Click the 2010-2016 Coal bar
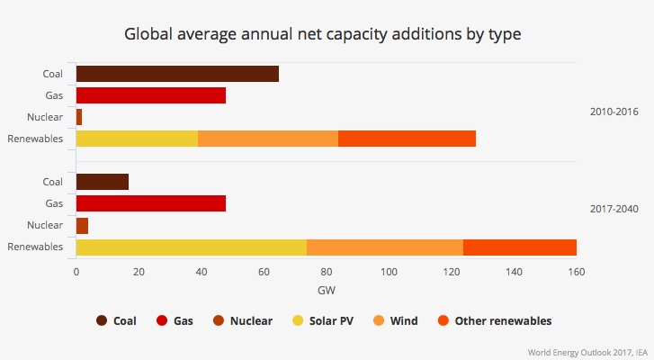[177, 74]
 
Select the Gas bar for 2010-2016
[151, 95]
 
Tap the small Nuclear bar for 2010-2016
[79, 117]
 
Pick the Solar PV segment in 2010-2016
[137, 139]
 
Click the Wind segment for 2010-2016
[268, 139]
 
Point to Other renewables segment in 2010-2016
[407, 139]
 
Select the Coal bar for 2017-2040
[103, 182]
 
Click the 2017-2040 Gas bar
[151, 203]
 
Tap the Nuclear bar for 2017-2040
[82, 225]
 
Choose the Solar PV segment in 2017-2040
[192, 247]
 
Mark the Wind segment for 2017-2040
[385, 247]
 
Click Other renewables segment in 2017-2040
[520, 247]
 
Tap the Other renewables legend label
[503, 320]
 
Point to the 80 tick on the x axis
[327, 272]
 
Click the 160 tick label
[576, 272]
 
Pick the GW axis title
[327, 290]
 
